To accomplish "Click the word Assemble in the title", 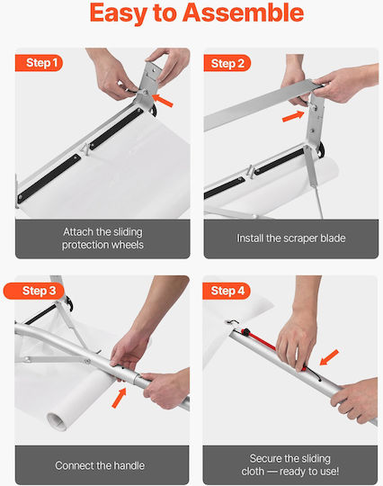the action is point(243,13).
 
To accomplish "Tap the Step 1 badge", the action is point(39,63).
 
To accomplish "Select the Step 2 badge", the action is point(227,63).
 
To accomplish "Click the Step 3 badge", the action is point(34,291).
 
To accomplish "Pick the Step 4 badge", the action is point(227,291).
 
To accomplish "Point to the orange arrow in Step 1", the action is point(162,101).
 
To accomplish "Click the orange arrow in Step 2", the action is point(293,116).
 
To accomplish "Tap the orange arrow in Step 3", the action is point(120,398).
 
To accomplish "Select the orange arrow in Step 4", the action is point(329,357).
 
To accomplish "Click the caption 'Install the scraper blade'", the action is point(291,238).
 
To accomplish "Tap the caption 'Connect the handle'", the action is point(100,465).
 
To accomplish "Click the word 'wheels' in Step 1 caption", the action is point(128,245).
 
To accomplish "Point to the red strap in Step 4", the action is point(260,340).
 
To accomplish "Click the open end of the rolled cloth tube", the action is point(58,421).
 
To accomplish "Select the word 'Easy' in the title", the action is point(119,13).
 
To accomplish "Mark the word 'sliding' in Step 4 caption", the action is point(313,458).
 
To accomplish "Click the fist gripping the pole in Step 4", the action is point(353,400).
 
